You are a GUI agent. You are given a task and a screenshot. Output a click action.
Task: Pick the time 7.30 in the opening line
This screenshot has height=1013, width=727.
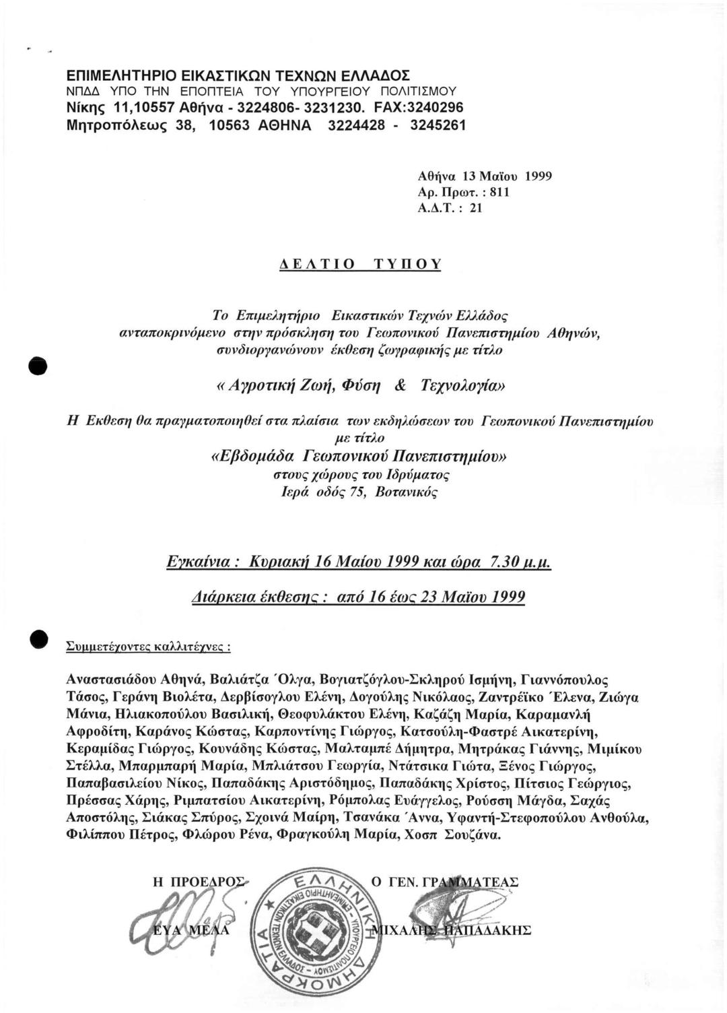[506, 562]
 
